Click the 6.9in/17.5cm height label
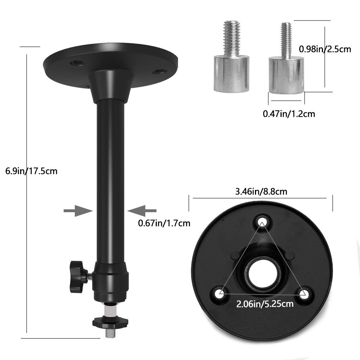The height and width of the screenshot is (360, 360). (31, 171)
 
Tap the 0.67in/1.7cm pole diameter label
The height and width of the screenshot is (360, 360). (164, 223)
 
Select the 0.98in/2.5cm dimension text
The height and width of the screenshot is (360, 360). (325, 49)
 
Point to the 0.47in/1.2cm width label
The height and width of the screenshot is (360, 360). (289, 114)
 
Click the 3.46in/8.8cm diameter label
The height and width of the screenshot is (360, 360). (261, 191)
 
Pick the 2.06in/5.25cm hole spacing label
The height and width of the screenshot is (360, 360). (265, 304)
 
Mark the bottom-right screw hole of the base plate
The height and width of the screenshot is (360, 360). (305, 293)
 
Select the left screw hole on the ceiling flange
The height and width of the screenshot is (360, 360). (77, 63)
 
